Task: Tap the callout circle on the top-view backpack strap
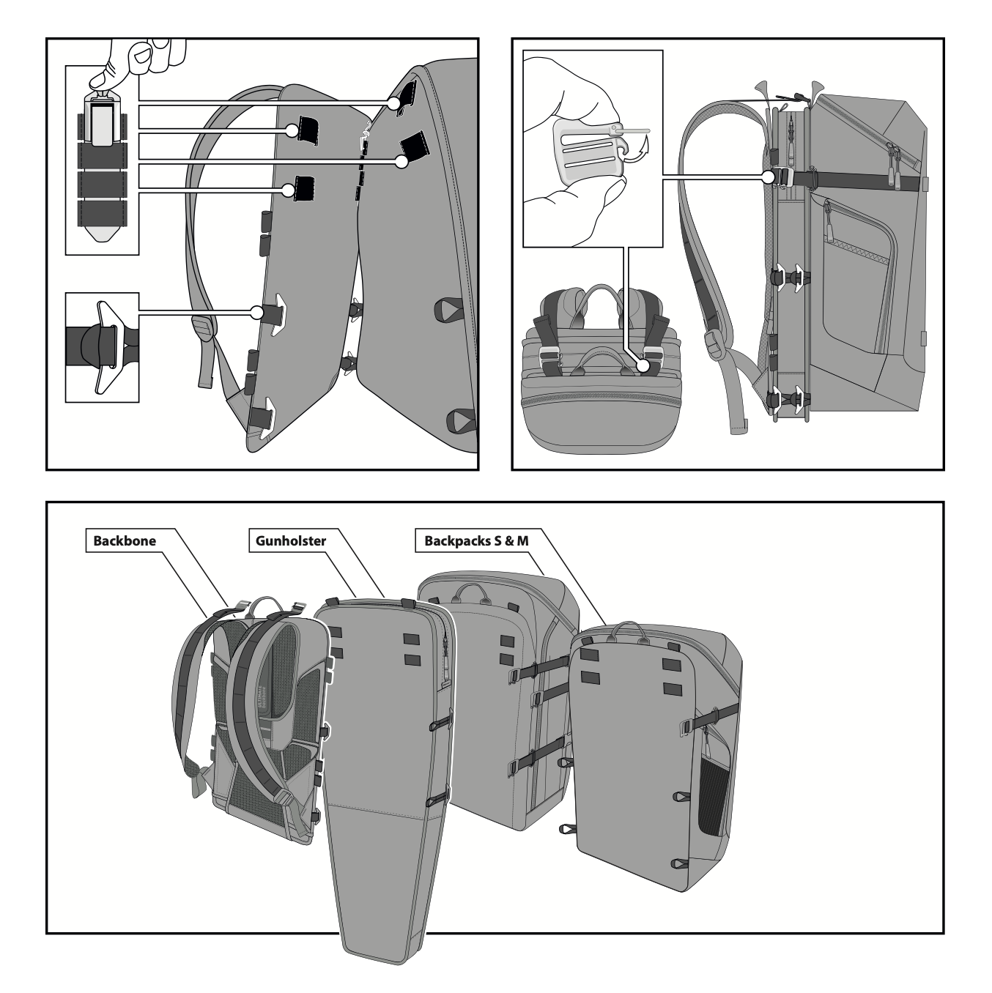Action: [x=643, y=364]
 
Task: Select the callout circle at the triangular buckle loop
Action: [x=257, y=312]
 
